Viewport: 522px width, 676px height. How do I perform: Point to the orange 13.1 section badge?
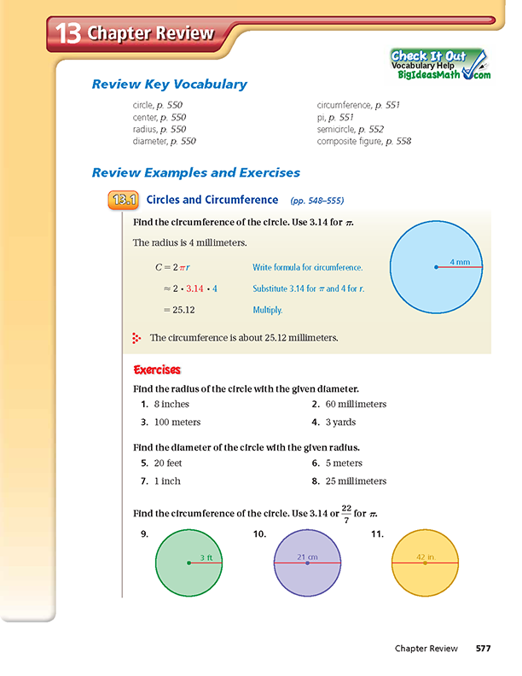pyautogui.click(x=124, y=201)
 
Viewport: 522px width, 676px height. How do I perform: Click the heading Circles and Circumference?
pyautogui.click(x=209, y=201)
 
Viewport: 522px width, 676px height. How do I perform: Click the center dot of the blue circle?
pyautogui.click(x=436, y=267)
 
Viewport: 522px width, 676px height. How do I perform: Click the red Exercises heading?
pyautogui.click(x=158, y=370)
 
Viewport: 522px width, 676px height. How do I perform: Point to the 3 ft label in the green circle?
pyautogui.click(x=205, y=557)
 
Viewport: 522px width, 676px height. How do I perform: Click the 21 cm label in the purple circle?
pyautogui.click(x=308, y=557)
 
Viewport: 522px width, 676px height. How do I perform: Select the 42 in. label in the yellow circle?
pyautogui.click(x=426, y=557)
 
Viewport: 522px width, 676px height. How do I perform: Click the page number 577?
pyautogui.click(x=484, y=649)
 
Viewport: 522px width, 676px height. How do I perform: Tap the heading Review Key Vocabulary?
pyautogui.click(x=169, y=84)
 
